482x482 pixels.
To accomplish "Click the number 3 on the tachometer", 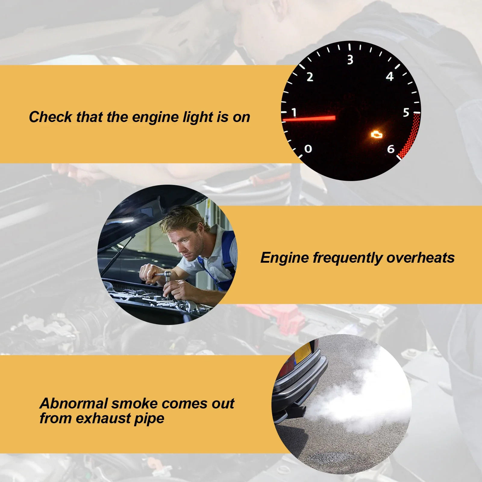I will [x=350, y=60].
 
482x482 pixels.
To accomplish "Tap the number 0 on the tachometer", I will [x=308, y=149].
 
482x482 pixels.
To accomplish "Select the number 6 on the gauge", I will [x=391, y=149].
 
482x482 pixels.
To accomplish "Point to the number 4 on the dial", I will [x=390, y=77].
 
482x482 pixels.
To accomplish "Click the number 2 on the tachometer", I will [x=310, y=77].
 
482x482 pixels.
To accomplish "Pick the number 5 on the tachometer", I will [x=406, y=113].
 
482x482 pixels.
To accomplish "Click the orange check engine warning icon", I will [x=376, y=134].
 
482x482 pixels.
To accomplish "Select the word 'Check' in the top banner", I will [x=50, y=117].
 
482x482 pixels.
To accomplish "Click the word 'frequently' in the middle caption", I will [x=347, y=258].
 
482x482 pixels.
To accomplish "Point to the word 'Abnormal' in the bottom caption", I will [x=74, y=404].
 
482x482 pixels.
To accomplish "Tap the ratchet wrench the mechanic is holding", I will [x=166, y=276].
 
